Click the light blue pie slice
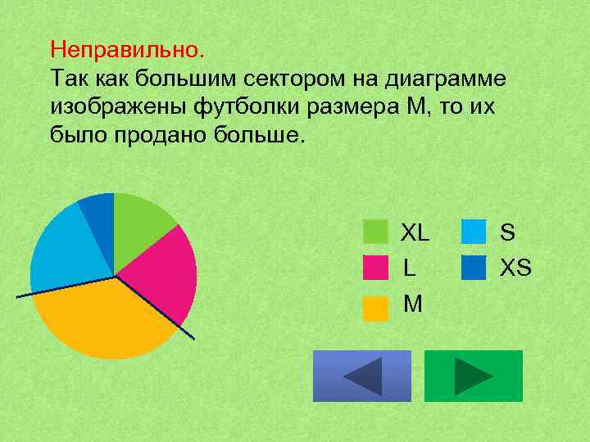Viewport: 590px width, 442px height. point(66,250)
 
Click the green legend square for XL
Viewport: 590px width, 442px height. point(375,232)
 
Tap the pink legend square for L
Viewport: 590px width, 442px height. point(375,268)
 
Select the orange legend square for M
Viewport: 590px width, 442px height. point(375,308)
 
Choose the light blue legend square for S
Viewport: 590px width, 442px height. point(474,232)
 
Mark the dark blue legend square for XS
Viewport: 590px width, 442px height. point(474,268)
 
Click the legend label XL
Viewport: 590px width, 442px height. point(415,232)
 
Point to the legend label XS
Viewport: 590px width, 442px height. point(516,268)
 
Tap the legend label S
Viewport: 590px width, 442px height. point(507,232)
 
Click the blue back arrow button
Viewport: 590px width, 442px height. point(362,377)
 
